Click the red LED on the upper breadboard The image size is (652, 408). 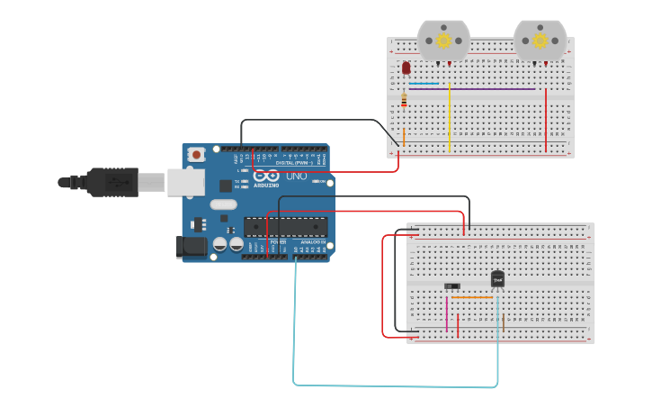point(406,68)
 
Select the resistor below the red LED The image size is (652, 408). point(404,101)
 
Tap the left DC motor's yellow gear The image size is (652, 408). point(443,40)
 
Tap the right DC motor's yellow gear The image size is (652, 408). point(540,40)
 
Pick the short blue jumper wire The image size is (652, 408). point(424,84)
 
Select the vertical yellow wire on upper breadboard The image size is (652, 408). point(450,117)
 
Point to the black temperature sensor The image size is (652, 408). point(497,278)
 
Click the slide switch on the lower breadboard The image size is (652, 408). point(451,286)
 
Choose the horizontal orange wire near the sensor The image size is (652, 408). point(471,297)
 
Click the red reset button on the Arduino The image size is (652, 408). point(197,155)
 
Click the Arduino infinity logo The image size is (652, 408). point(266,176)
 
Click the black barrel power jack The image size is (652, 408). point(191,246)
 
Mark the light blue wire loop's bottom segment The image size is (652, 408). point(396,385)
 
